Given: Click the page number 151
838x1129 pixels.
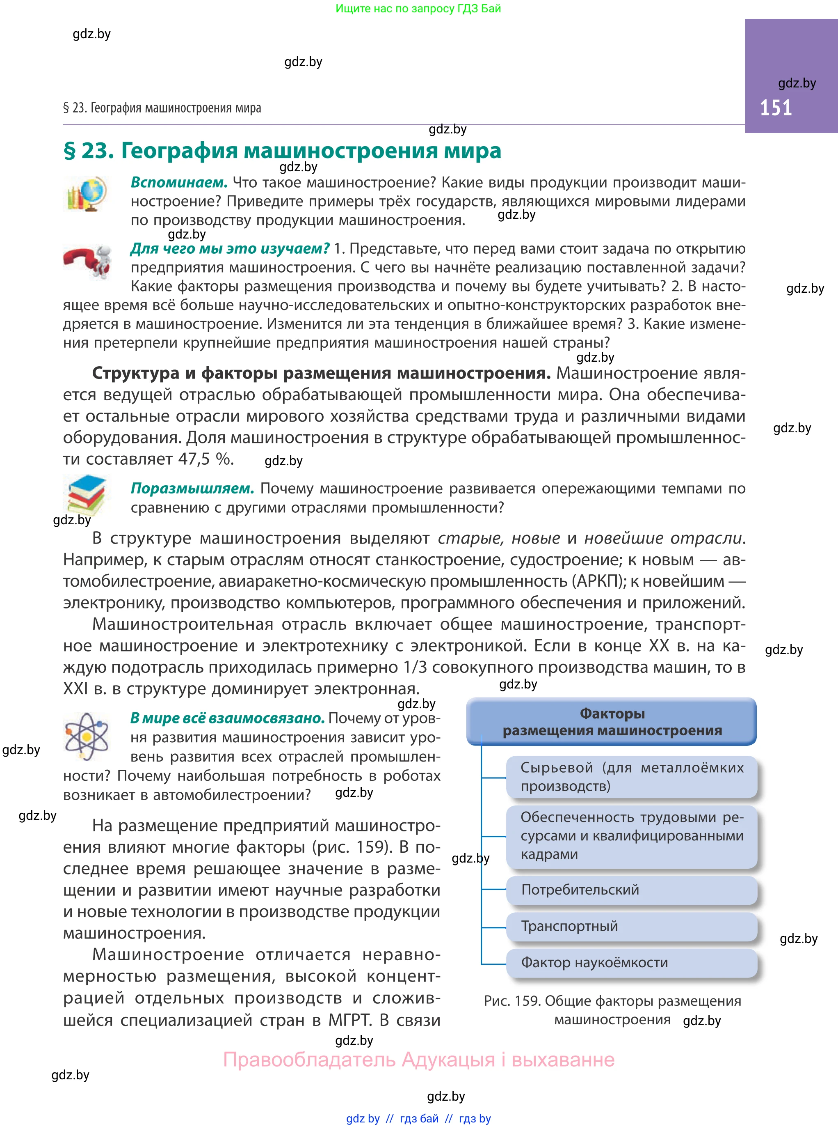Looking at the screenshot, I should pyautogui.click(x=776, y=108).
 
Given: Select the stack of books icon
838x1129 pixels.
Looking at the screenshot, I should pyautogui.click(x=86, y=494).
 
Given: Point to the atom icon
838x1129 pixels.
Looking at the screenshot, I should pyautogui.click(x=87, y=736).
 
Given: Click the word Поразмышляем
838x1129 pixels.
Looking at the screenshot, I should pyautogui.click(x=192, y=489).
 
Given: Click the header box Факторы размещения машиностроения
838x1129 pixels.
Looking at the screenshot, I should pyautogui.click(x=611, y=722).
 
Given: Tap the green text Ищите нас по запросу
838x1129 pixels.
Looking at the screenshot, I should pyautogui.click(x=418, y=9).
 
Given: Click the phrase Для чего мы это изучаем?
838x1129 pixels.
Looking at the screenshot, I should pyautogui.click(x=230, y=249).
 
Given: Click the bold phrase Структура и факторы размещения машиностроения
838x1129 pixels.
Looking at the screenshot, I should pyautogui.click(x=321, y=373).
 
